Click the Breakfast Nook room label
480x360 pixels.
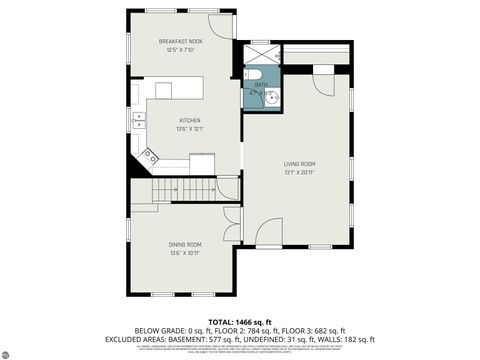coord(181,41)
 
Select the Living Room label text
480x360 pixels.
coord(300,163)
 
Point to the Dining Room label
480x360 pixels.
coord(185,244)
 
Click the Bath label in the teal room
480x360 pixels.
coord(261,86)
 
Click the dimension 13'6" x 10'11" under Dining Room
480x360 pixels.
coord(185,253)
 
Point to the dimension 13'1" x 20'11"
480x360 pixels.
coord(300,172)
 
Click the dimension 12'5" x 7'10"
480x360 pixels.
coord(181,50)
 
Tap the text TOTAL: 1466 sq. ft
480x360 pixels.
coord(240,321)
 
